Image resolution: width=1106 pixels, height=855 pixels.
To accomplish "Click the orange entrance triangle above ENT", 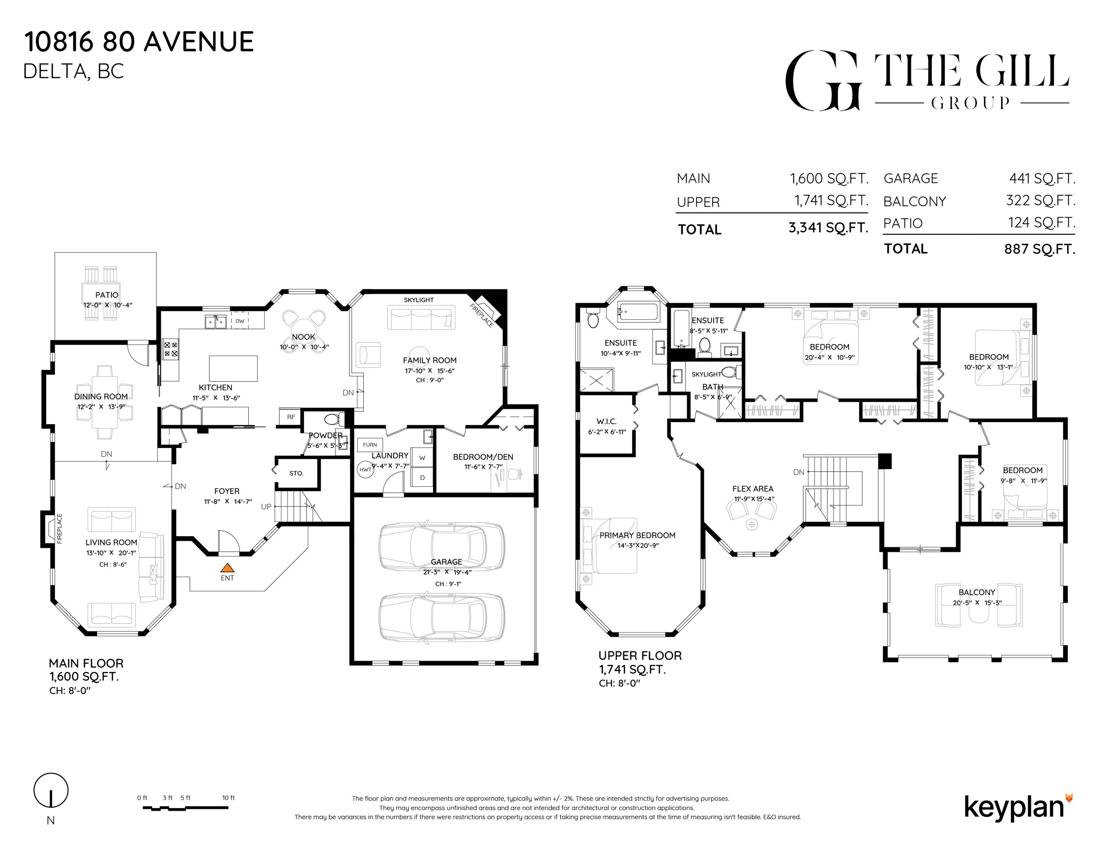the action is pos(227,568).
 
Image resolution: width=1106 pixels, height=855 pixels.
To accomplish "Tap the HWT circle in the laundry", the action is pos(365,469).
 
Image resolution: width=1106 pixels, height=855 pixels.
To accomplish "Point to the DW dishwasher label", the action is pos(240,321).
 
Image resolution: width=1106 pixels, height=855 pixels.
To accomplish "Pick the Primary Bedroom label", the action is pos(637,535).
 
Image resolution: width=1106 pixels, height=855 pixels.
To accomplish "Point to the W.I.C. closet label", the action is pos(606,422).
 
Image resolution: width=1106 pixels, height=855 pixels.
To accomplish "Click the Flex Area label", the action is pos(752,489).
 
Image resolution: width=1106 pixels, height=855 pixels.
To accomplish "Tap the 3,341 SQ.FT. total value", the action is pos(828,228).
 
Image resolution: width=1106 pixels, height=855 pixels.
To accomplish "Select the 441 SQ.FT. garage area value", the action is pos(1042,178).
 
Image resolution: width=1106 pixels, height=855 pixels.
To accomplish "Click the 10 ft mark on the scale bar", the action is pos(229,798).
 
